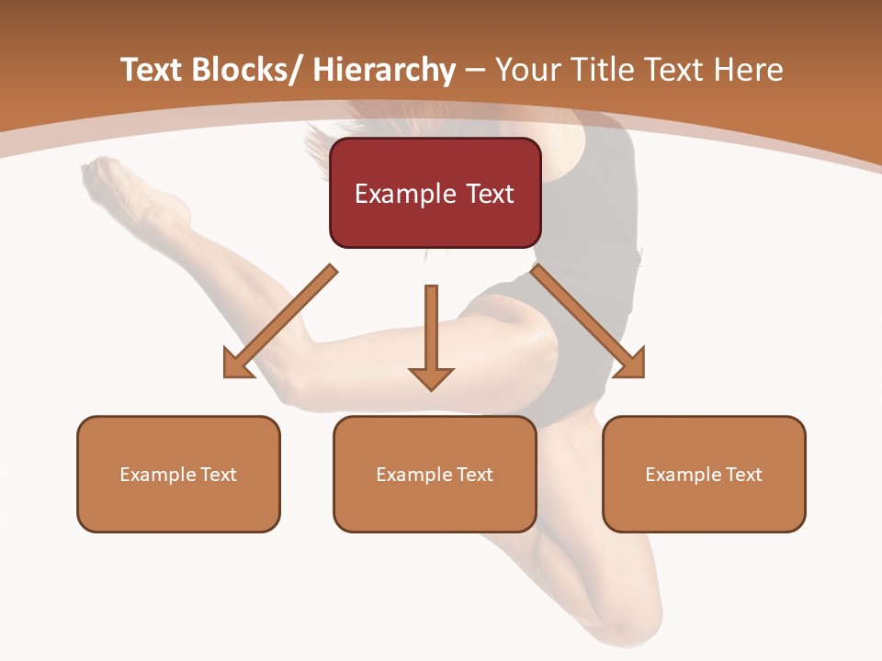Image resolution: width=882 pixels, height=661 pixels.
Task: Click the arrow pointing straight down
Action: click(431, 338)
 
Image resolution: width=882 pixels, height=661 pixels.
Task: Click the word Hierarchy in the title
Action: click(384, 70)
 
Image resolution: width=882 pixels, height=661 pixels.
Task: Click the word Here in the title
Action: click(748, 70)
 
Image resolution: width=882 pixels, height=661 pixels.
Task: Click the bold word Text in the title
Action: click(153, 70)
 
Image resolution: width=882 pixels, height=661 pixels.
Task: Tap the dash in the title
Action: click(475, 70)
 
